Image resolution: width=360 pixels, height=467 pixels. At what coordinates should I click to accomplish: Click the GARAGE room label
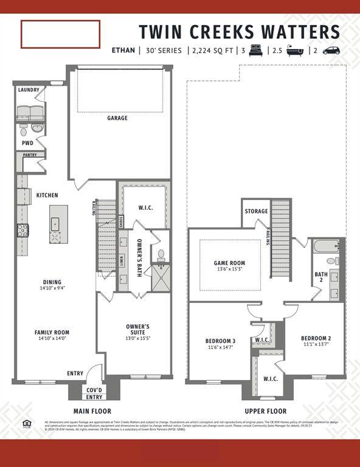click(x=117, y=118)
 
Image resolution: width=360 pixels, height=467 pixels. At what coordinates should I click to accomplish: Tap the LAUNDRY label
click(x=29, y=90)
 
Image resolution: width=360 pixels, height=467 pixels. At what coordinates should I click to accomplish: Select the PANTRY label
click(x=29, y=155)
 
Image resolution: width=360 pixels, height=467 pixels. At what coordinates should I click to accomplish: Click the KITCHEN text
click(x=47, y=195)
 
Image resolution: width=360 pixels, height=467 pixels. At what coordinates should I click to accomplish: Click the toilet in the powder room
click(x=24, y=130)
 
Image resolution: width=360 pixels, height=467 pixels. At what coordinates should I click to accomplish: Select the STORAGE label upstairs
click(x=256, y=212)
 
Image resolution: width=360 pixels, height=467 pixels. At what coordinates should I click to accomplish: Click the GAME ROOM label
click(x=229, y=263)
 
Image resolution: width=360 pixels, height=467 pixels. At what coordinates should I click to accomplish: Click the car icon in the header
click(x=331, y=50)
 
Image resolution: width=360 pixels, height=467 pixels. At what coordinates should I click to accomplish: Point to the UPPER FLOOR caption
click(x=265, y=411)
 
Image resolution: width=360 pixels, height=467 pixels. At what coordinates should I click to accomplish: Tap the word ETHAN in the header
click(x=124, y=50)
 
